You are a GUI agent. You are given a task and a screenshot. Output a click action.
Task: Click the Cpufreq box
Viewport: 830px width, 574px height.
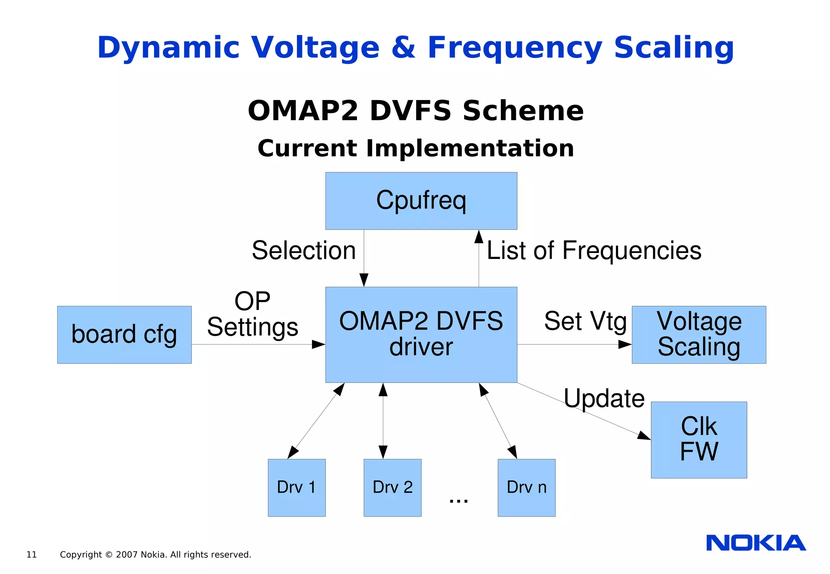(421, 201)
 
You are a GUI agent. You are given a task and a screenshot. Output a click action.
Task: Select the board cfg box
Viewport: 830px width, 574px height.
(124, 334)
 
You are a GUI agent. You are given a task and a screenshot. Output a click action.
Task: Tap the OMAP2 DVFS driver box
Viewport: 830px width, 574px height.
(421, 334)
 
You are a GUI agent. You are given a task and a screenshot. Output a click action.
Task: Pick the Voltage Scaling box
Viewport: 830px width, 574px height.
(699, 334)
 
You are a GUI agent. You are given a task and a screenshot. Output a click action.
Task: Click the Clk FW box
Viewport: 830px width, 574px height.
(699, 440)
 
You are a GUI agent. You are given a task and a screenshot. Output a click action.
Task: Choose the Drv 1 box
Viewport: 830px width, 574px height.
(296, 487)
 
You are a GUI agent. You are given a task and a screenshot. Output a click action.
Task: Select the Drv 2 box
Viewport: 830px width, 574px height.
(392, 487)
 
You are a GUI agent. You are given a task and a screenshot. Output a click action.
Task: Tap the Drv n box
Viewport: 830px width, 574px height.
(526, 487)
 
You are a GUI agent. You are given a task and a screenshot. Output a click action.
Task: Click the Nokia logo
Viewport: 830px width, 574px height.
(756, 543)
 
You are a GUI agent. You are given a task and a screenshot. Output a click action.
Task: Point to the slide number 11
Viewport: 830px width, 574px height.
(32, 555)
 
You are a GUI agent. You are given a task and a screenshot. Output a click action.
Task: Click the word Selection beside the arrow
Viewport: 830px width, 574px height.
(304, 251)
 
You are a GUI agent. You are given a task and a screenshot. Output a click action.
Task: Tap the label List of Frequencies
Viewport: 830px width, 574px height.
(594, 251)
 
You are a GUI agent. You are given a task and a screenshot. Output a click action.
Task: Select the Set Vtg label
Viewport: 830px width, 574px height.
(585, 321)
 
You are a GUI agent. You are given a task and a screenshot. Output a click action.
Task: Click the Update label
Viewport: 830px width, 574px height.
(604, 398)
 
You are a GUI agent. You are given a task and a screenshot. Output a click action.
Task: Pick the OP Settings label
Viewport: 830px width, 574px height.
(252, 315)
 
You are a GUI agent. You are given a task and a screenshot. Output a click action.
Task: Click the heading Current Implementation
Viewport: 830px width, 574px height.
(416, 148)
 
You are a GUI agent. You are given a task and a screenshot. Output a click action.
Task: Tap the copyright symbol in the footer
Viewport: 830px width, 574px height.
(109, 555)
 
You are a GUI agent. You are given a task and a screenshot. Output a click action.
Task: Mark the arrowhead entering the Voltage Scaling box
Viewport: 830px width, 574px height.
(625, 344)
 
